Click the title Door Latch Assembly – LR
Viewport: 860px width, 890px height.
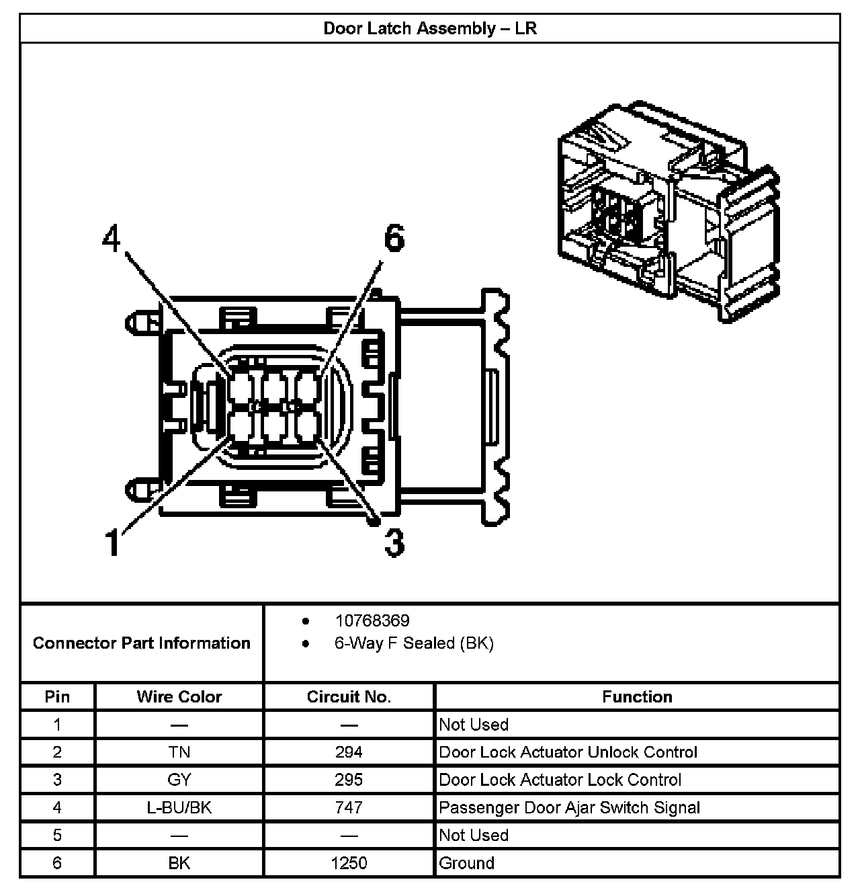click(430, 28)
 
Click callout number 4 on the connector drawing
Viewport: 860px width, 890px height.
click(112, 239)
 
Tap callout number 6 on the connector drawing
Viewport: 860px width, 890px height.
click(394, 239)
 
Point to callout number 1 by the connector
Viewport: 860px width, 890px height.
click(114, 542)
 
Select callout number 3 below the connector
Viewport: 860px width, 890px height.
click(394, 542)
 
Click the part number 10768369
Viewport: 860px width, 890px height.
click(372, 620)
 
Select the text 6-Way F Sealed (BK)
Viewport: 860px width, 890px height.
click(414, 643)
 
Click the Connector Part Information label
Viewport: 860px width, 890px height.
click(142, 643)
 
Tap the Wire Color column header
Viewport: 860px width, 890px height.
click(179, 696)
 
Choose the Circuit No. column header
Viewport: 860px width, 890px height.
click(349, 696)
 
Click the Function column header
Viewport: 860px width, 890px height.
click(637, 696)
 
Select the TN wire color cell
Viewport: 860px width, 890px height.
click(179, 752)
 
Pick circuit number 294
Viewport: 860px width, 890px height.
click(349, 752)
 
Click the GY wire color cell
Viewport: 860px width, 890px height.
click(179, 780)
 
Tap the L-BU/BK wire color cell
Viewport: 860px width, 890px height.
click(179, 807)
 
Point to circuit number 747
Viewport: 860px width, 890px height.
click(349, 807)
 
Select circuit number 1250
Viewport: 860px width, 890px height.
click(349, 863)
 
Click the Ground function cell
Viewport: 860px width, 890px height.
click(466, 863)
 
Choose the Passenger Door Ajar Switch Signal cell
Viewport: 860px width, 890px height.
click(569, 807)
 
